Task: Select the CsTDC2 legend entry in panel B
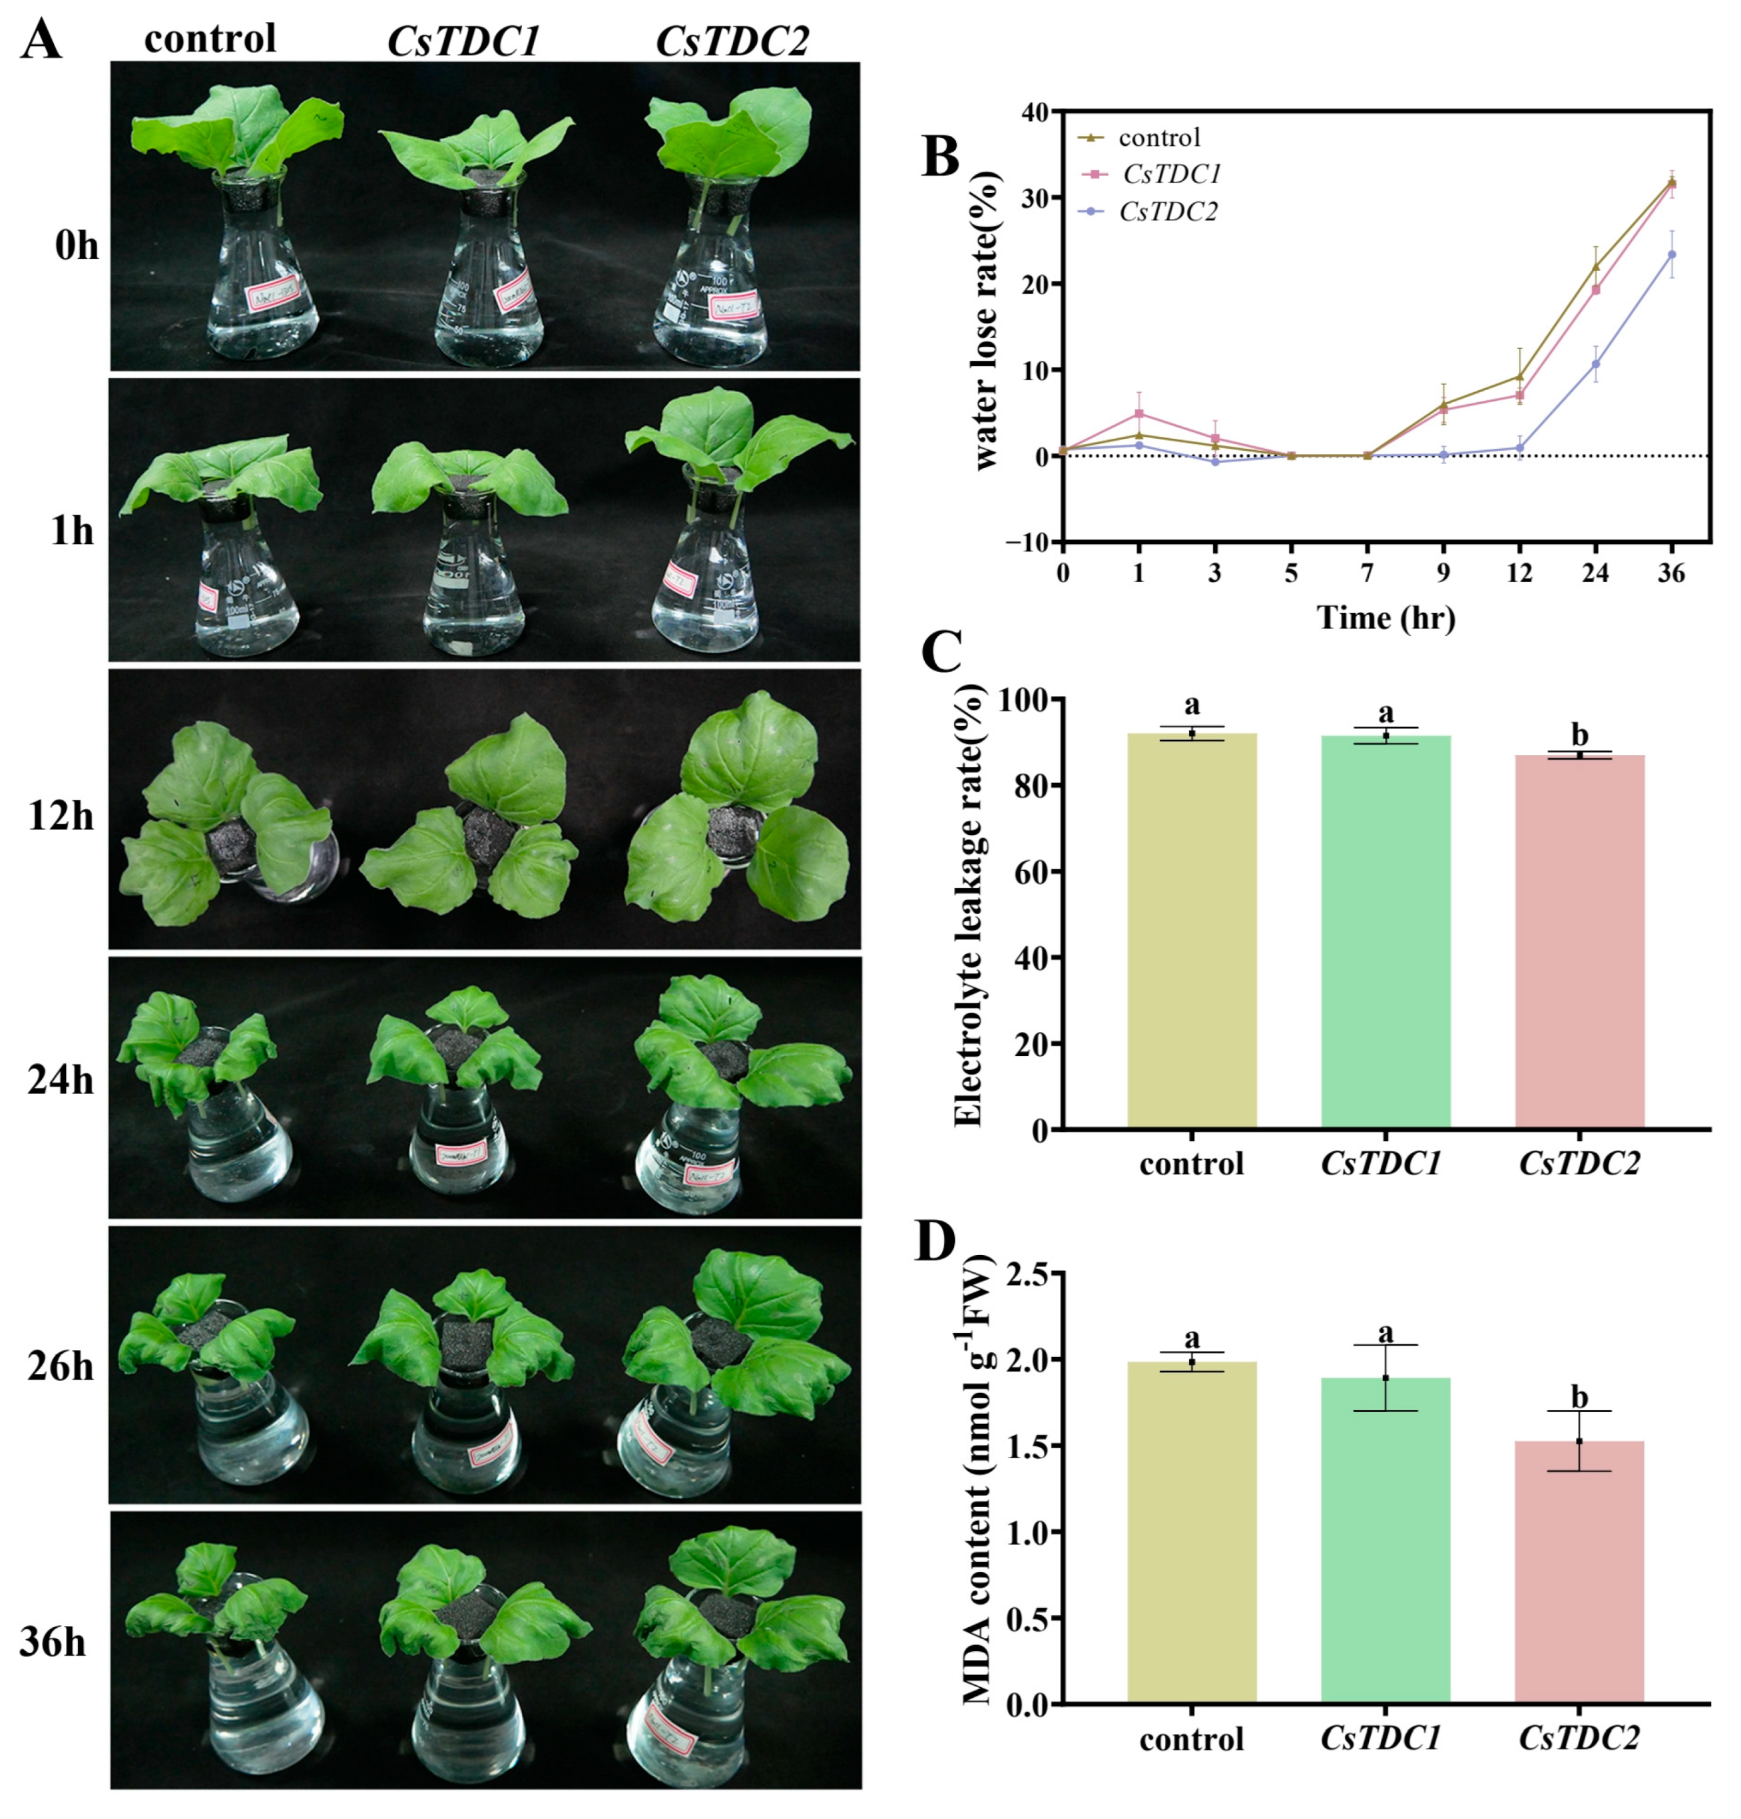(x=1168, y=212)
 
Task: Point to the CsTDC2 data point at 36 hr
(x=1671, y=254)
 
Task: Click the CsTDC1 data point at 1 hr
(x=1138, y=413)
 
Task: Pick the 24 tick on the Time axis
(x=1595, y=573)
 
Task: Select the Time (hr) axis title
(x=1385, y=617)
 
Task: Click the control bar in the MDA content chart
(x=1192, y=1531)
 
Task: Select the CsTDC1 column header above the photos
(x=462, y=41)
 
